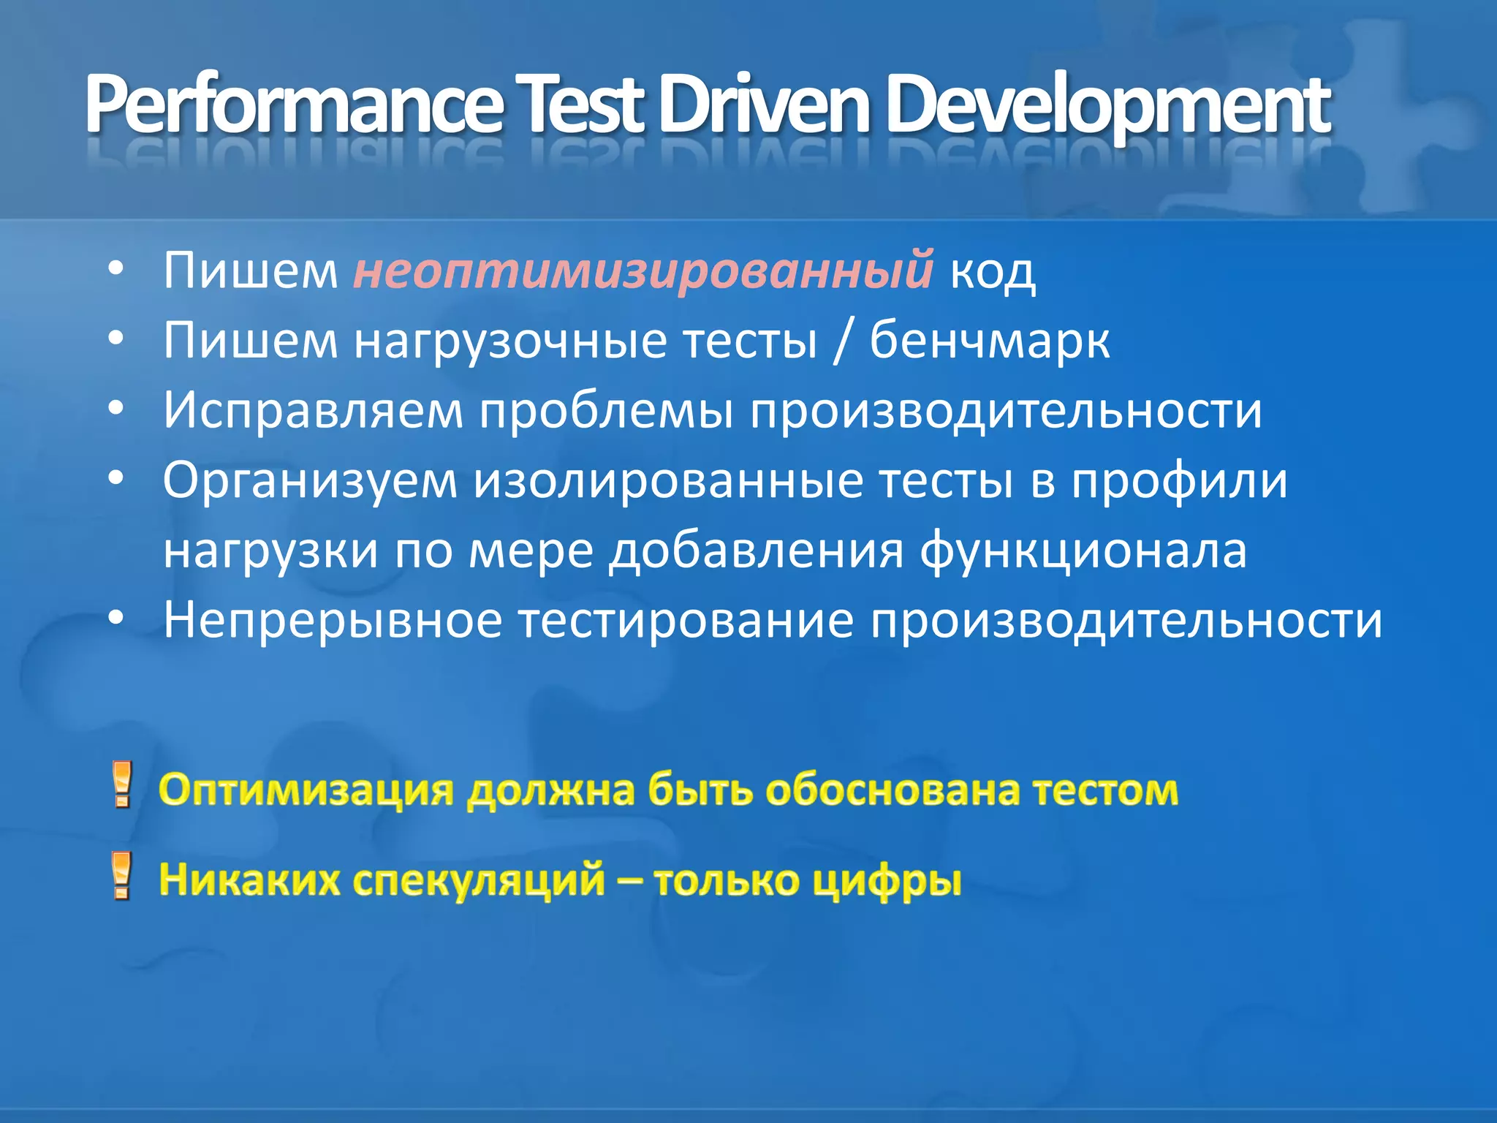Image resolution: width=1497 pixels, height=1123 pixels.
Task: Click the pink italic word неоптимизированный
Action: pos(643,270)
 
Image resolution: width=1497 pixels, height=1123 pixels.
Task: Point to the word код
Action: pos(993,271)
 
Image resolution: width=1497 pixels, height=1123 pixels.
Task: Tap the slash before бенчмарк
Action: pos(843,341)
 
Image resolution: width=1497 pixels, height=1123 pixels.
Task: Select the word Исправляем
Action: pos(313,410)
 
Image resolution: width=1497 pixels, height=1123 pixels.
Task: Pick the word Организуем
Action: pos(311,480)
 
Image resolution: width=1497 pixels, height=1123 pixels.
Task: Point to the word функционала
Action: pos(1083,551)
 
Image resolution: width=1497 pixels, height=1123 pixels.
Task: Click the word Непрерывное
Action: pos(333,621)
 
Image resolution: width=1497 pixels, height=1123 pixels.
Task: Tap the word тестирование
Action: pos(686,621)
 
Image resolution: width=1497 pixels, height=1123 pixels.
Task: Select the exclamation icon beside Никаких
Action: pos(122,875)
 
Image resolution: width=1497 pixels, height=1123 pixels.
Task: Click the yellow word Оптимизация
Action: pos(306,790)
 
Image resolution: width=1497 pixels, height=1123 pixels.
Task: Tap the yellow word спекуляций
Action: pos(479,880)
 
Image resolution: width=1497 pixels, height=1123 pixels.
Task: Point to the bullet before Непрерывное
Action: pos(115,619)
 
